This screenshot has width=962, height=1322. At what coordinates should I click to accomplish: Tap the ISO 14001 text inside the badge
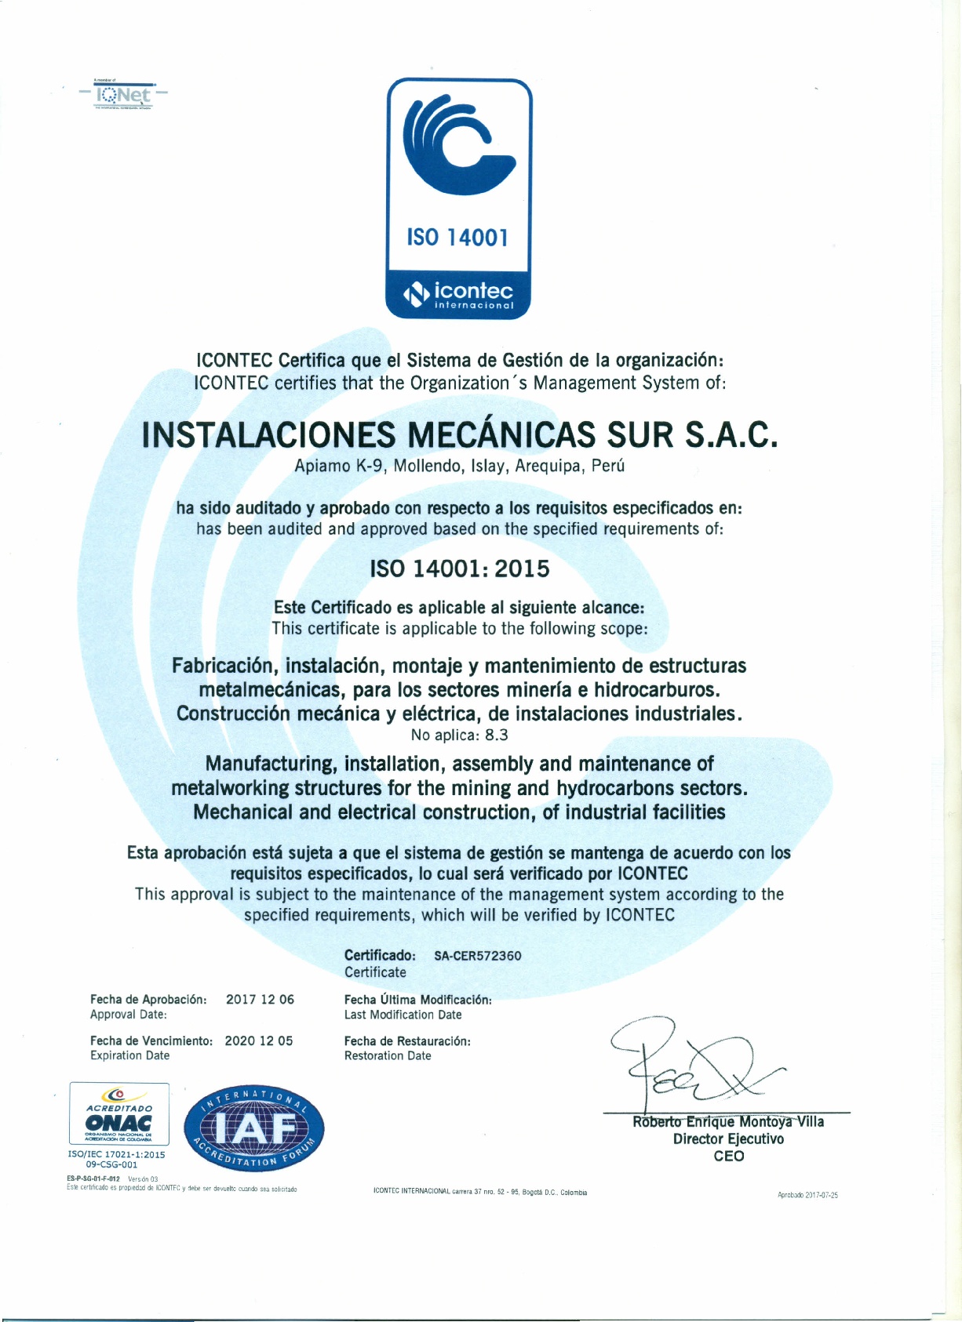tap(457, 237)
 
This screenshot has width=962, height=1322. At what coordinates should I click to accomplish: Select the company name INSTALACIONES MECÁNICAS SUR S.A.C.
tap(460, 434)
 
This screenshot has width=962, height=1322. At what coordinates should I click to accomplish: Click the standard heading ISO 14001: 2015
tap(460, 568)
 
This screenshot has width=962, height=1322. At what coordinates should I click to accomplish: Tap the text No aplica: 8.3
tap(460, 735)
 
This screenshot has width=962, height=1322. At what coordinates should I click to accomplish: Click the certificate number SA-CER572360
tap(478, 956)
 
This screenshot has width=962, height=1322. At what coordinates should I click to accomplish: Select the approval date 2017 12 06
tap(260, 1000)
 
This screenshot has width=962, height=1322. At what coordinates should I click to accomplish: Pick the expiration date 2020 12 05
tap(259, 1041)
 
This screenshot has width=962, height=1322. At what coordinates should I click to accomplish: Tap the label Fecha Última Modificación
tap(418, 1000)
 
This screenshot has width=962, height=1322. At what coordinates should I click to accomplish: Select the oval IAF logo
tap(254, 1129)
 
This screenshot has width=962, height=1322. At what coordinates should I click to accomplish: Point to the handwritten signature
tap(691, 1062)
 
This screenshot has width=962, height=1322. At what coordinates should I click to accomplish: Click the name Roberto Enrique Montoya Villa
tap(728, 1122)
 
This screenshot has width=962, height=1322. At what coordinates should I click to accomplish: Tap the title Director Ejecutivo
tap(728, 1139)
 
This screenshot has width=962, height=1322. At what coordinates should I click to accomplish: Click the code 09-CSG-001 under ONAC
tap(112, 1165)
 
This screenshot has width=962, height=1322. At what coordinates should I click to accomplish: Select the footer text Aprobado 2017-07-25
tap(807, 1195)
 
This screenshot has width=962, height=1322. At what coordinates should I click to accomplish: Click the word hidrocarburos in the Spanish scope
tap(657, 690)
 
